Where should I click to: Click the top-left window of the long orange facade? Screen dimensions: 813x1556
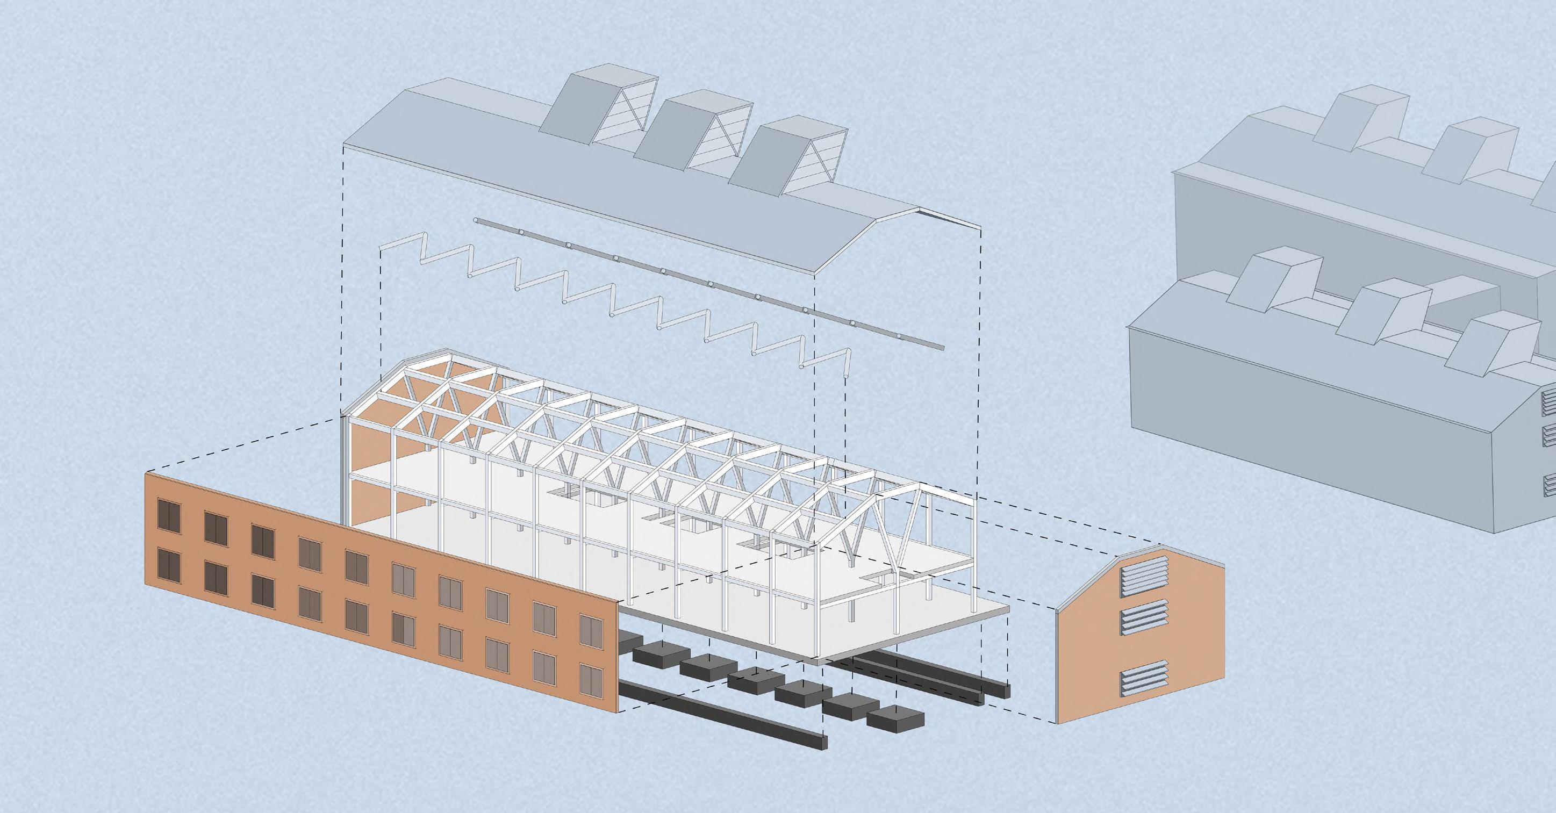point(169,513)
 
